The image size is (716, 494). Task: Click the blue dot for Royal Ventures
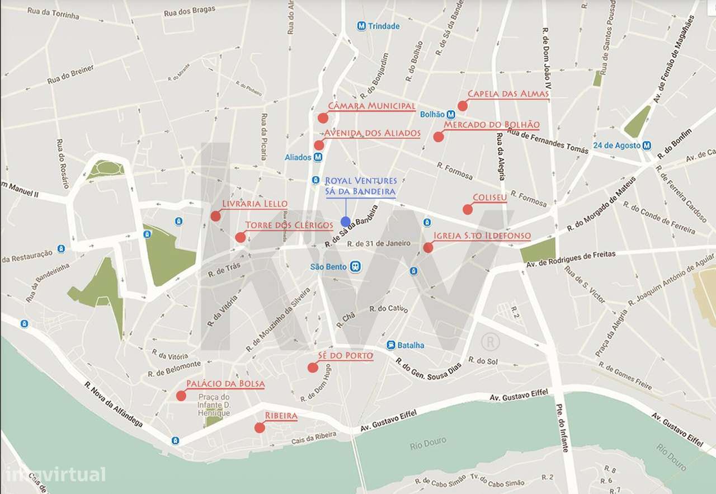[x=345, y=222]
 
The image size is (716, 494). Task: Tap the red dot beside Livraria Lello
[x=215, y=216]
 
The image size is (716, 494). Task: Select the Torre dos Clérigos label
[x=289, y=225]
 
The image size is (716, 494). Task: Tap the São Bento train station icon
[x=355, y=267]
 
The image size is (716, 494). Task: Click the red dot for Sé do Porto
[x=313, y=367]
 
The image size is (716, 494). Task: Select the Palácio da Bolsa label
[x=225, y=384]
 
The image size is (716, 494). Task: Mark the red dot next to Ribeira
[x=260, y=427]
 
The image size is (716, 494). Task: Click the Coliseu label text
[x=490, y=197]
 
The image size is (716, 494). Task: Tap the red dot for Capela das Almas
[x=462, y=106]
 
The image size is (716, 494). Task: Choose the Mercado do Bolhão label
[x=491, y=125]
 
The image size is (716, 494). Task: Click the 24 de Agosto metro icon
[x=647, y=145]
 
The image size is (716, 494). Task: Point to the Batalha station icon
[x=391, y=345]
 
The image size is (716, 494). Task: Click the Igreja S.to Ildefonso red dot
[x=428, y=247]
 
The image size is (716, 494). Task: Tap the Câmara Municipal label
[x=371, y=106]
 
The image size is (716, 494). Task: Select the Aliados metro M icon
[x=318, y=157]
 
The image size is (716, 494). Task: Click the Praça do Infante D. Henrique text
[x=214, y=405]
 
